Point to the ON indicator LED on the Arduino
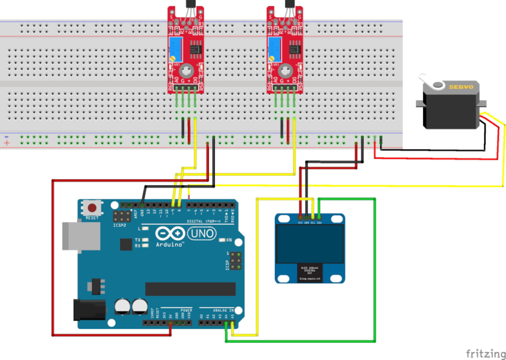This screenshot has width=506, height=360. tap(221, 240)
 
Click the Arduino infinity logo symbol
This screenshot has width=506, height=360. tap(169, 233)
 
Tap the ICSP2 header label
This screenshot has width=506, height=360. tap(120, 226)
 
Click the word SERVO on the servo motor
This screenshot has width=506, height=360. tap(461, 88)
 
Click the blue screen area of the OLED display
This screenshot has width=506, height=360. tap(310, 242)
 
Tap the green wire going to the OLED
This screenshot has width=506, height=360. tap(375, 270)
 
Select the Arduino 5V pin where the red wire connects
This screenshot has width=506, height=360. tap(170, 323)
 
